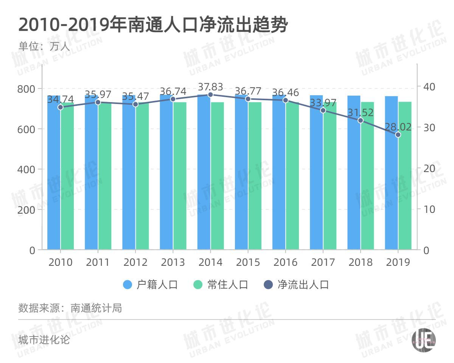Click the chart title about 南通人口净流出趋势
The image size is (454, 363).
coord(153,25)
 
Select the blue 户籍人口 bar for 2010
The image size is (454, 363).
coord(54,178)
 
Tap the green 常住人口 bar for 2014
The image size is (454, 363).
coord(217,178)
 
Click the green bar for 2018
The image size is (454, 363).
coord(367,178)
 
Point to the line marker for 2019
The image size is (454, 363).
coord(398,135)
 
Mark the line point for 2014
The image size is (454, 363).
coord(210,95)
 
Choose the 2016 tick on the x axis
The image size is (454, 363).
coord(285,262)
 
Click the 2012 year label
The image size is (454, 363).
coord(135,262)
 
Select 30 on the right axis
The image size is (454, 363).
coord(428,127)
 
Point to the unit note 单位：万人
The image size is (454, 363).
coord(44,47)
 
